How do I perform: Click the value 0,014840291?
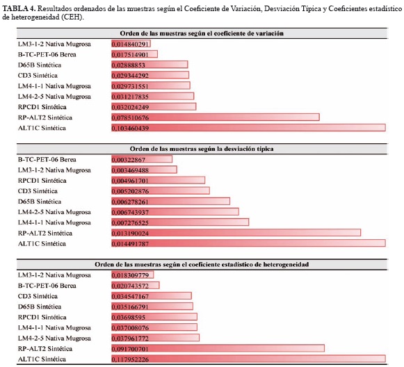click(130, 44)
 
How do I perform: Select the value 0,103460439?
click(130, 128)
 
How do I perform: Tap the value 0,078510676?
click(130, 117)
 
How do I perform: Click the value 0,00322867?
click(129, 160)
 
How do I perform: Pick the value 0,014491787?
click(130, 244)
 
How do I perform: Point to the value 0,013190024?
click(130, 234)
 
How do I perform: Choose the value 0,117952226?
click(130, 359)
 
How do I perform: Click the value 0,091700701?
click(130, 349)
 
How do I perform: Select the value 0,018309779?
click(130, 275)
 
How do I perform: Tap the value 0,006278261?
click(130, 202)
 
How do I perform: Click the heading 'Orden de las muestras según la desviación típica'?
click(202, 149)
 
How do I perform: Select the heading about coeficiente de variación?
click(202, 33)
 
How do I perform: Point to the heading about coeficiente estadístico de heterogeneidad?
click(202, 265)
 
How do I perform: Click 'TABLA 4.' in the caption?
click(19, 9)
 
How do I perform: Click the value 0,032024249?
click(130, 107)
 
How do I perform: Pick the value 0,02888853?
click(129, 65)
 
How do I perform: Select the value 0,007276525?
click(130, 223)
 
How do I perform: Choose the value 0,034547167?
click(130, 296)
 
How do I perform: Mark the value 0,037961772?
click(130, 339)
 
